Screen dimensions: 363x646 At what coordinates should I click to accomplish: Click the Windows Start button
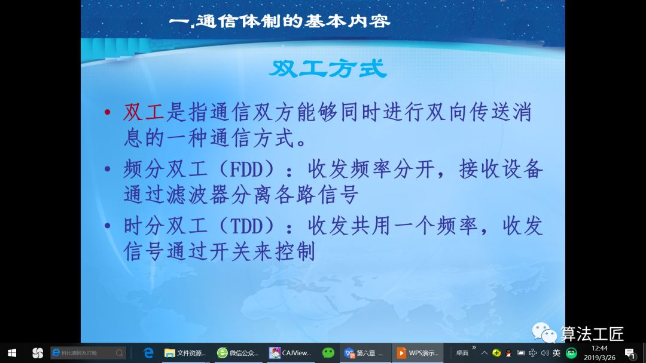[x=11, y=353]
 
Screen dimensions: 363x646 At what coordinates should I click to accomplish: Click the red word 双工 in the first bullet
[x=143, y=112]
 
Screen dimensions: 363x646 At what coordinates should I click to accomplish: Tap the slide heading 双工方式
[x=328, y=69]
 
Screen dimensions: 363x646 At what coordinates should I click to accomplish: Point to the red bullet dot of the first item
[x=107, y=113]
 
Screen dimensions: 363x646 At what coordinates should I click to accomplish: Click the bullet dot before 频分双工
[x=107, y=170]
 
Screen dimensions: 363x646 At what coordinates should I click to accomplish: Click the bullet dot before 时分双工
[x=107, y=226]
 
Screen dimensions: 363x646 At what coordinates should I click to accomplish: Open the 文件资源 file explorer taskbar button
[x=185, y=353]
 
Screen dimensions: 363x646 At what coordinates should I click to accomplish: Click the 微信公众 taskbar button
[x=238, y=353]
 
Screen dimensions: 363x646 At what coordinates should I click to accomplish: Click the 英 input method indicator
[x=556, y=353]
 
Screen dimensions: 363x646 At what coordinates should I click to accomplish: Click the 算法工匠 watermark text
[x=592, y=334]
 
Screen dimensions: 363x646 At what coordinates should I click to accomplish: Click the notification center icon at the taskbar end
[x=629, y=353]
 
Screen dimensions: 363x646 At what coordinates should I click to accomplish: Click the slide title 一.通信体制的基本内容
[x=279, y=21]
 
